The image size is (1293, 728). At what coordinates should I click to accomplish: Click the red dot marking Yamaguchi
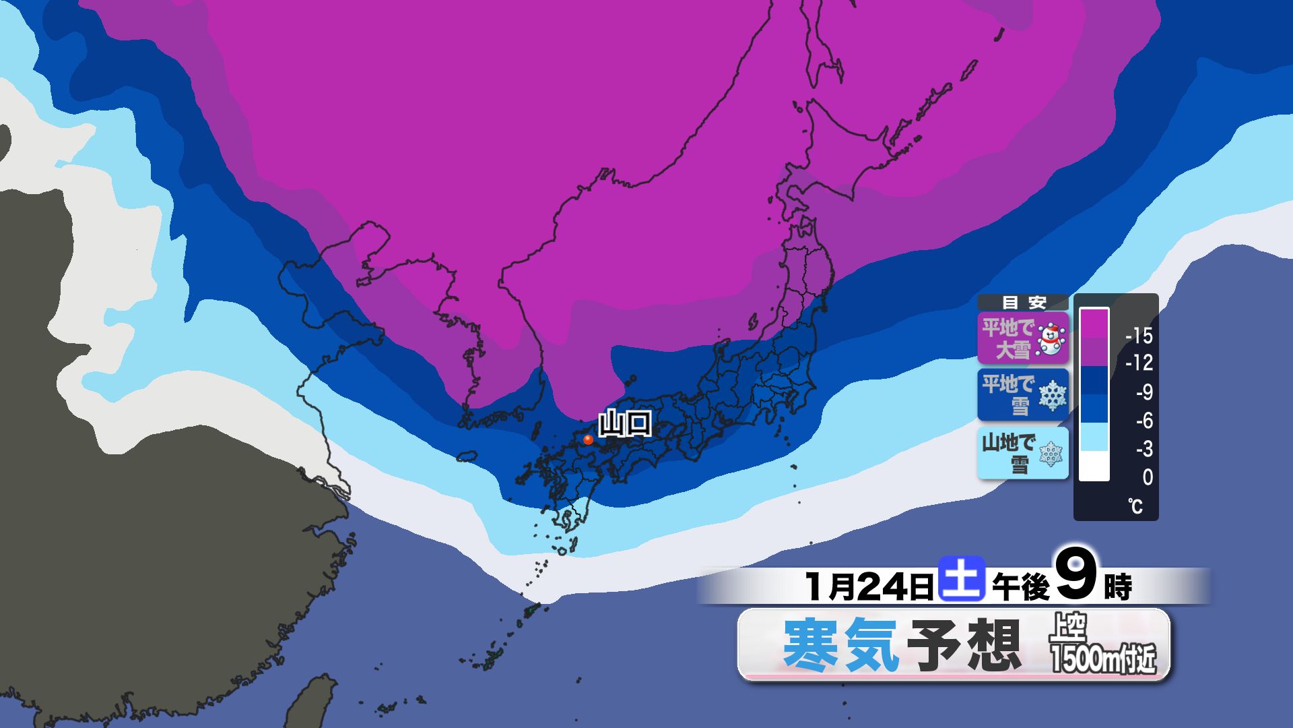point(588,439)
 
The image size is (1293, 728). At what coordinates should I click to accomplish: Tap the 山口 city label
point(625,424)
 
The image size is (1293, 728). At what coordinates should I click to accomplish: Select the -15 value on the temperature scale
point(1139,335)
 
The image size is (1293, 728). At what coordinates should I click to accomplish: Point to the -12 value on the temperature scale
point(1139,363)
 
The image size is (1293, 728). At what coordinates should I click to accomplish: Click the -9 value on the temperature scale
point(1143,392)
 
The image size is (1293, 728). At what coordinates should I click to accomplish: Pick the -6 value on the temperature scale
point(1143,421)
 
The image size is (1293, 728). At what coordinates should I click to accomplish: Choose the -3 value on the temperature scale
point(1143,449)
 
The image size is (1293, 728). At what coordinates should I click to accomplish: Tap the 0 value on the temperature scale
point(1148,477)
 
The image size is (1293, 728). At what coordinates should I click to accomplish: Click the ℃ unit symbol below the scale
point(1136,506)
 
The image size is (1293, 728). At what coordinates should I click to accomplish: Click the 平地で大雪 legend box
point(1022,338)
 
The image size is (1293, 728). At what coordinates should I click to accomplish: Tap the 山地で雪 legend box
point(1022,453)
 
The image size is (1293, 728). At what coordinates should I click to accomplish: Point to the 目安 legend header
point(1023,303)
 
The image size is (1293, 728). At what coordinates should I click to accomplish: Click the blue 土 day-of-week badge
point(962,580)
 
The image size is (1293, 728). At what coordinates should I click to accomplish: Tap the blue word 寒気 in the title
point(840,645)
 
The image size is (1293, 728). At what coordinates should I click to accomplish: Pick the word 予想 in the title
point(963,645)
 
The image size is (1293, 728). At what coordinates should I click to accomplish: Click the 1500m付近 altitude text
point(1103,659)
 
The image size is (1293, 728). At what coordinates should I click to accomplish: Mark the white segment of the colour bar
point(1094,466)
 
